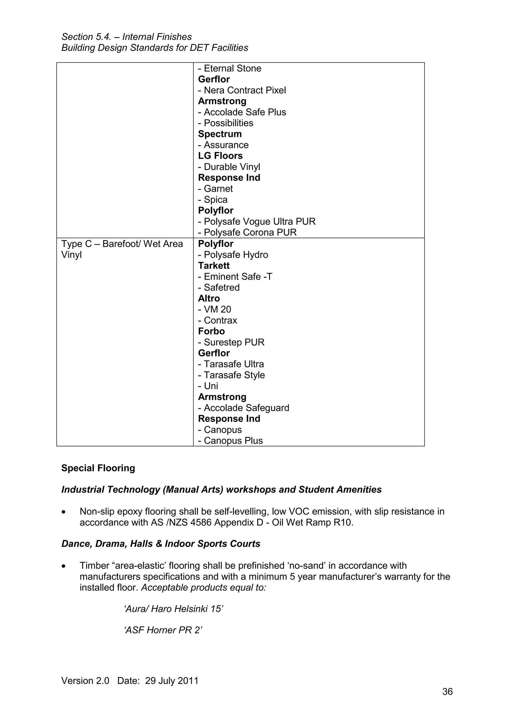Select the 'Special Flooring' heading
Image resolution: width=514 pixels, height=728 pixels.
[98, 468]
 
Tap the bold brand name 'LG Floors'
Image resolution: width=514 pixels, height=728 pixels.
[220, 156]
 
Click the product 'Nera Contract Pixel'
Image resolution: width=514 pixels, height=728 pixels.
[244, 90]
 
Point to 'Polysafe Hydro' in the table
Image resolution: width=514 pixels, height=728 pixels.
[236, 255]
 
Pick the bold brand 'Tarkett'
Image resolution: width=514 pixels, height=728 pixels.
[214, 266]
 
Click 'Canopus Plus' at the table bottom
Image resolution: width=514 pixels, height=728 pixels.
[233, 441]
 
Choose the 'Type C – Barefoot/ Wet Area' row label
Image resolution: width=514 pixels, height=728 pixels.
[122, 244]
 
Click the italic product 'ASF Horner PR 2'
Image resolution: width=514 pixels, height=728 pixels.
[163, 630]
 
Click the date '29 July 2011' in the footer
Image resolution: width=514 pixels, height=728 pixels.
[172, 681]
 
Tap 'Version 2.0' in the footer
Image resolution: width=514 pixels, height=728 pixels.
[85, 681]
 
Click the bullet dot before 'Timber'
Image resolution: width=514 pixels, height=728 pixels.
[64, 566]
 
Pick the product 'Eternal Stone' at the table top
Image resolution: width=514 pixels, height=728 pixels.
[232, 69]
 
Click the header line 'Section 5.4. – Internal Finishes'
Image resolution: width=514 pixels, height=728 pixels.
[126, 37]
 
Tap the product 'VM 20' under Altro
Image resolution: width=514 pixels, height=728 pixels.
[217, 309]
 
